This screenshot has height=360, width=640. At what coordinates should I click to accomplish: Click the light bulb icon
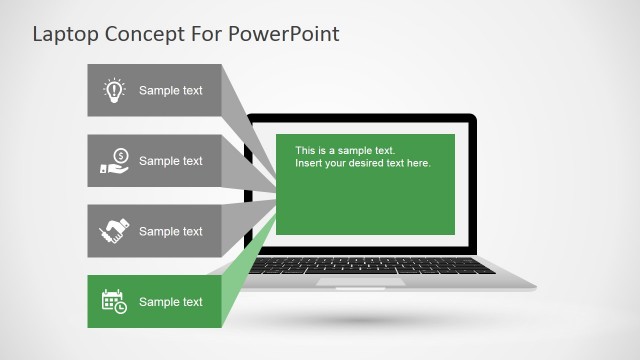(x=114, y=90)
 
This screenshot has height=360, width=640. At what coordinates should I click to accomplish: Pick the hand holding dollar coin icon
(x=114, y=161)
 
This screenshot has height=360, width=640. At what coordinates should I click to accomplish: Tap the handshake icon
(x=114, y=231)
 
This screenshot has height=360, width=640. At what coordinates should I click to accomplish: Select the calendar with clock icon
(x=114, y=301)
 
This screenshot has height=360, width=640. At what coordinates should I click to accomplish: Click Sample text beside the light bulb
(x=170, y=91)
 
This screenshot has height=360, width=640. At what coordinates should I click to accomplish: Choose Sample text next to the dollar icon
(x=170, y=161)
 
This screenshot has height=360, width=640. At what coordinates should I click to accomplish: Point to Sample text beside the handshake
(x=170, y=232)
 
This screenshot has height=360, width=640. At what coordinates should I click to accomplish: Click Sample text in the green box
(x=170, y=302)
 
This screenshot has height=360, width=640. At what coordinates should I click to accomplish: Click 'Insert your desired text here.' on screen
(x=362, y=163)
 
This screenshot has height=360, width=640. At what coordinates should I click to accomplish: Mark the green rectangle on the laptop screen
(x=365, y=200)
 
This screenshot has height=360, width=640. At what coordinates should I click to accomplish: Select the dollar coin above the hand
(x=120, y=155)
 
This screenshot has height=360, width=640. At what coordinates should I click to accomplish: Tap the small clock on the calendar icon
(x=121, y=307)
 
